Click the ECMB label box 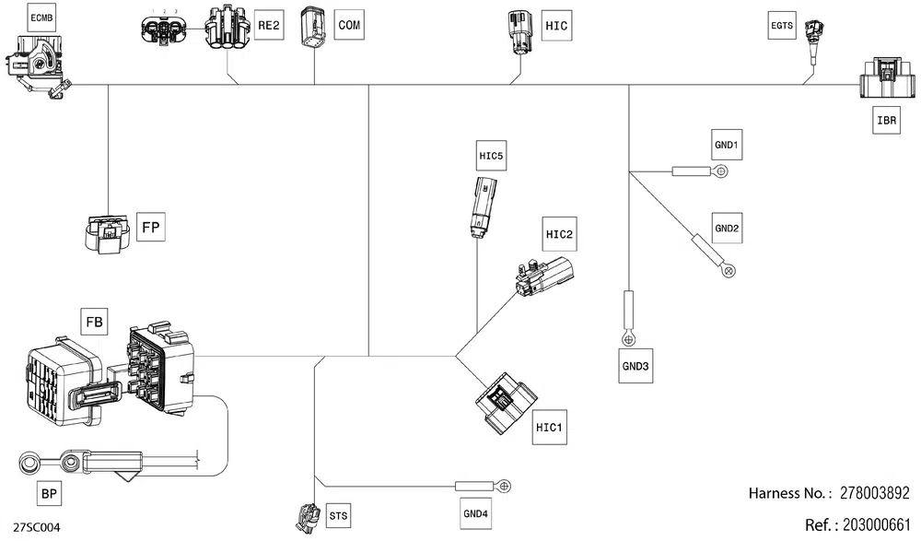(x=41, y=18)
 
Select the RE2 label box (x=269, y=25)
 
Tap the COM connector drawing (x=313, y=28)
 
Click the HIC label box (x=556, y=25)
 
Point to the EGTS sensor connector (x=815, y=38)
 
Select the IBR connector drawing (x=887, y=78)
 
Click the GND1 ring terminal (x=722, y=171)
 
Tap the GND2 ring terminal (x=729, y=271)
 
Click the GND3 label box (x=635, y=366)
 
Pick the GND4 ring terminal (x=504, y=487)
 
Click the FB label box (x=94, y=322)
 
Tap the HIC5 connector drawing (x=483, y=206)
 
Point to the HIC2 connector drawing (x=544, y=276)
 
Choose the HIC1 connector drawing (x=505, y=404)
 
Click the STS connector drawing (x=306, y=518)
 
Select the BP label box (x=50, y=493)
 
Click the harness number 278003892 (x=875, y=493)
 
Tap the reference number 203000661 (x=877, y=524)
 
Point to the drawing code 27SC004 (x=37, y=527)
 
